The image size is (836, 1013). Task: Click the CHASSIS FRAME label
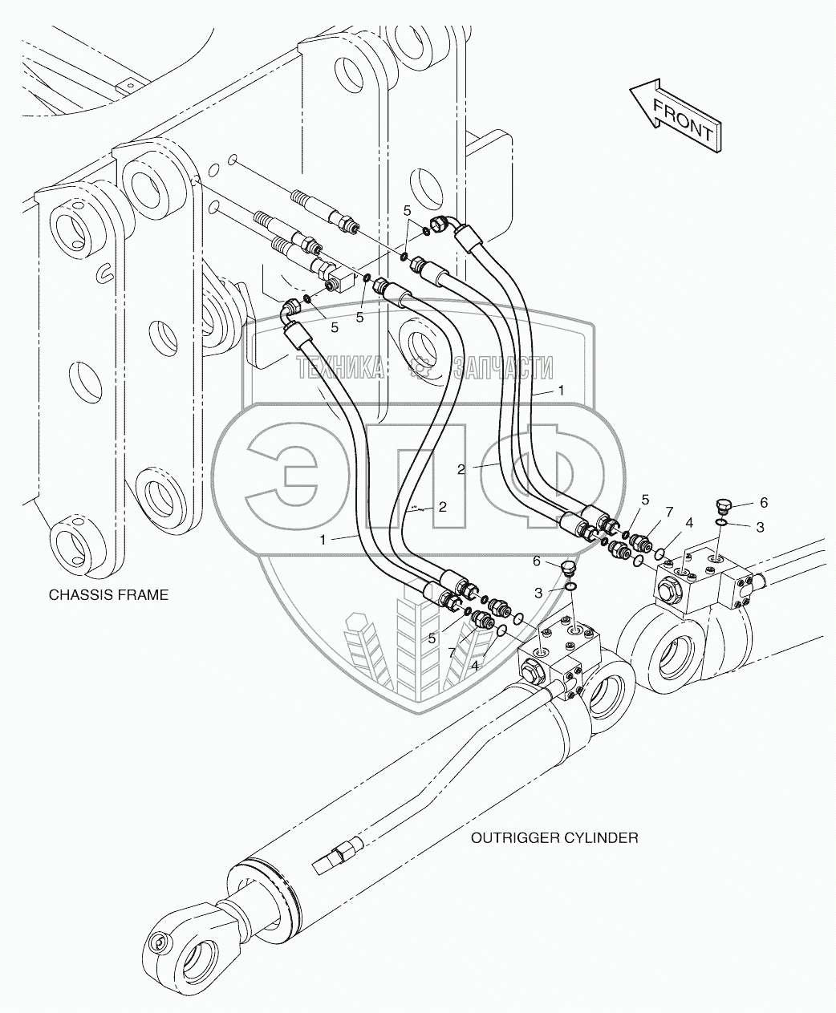[109, 595]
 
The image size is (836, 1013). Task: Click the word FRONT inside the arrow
[684, 120]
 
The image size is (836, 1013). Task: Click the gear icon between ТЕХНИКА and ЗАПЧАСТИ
[419, 367]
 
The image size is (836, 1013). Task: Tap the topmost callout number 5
[407, 211]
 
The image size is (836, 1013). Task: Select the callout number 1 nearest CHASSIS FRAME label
[323, 540]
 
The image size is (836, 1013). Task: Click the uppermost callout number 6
[764, 503]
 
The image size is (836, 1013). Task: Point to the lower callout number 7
[452, 654]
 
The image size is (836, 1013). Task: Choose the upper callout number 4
[689, 522]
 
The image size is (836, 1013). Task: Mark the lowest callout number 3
[538, 593]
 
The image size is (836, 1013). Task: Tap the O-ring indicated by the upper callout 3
[721, 522]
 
